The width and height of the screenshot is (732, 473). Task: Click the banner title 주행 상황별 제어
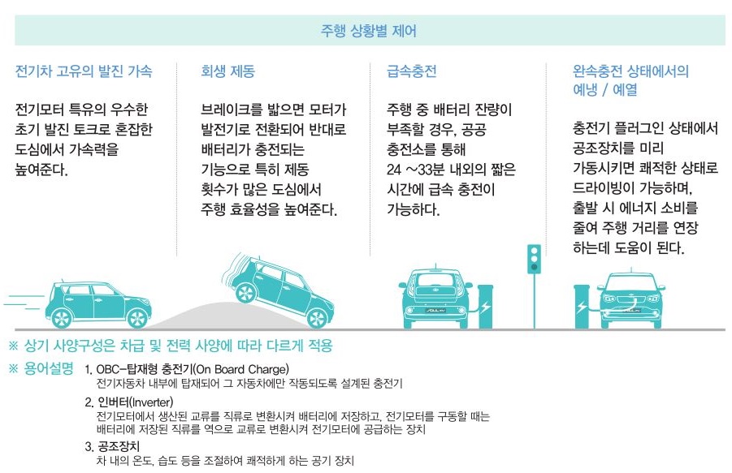tap(369, 32)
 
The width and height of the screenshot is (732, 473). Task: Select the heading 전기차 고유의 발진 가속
tap(84, 71)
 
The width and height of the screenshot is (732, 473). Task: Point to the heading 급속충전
tap(411, 71)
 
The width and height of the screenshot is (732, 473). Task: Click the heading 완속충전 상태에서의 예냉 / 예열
tap(630, 80)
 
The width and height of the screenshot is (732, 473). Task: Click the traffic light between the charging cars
tap(534, 268)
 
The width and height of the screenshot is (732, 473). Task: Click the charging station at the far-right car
tap(582, 306)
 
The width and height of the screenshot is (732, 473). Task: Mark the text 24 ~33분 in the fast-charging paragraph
tap(416, 170)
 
